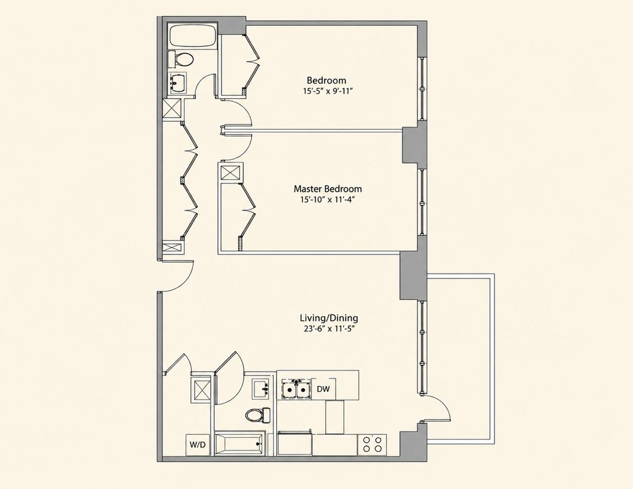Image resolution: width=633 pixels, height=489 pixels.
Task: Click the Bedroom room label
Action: click(326, 80)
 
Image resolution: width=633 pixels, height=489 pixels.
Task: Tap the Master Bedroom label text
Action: click(328, 188)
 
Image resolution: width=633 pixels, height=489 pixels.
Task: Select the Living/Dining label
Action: click(329, 318)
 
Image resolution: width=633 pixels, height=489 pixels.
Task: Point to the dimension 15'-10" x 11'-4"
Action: click(328, 199)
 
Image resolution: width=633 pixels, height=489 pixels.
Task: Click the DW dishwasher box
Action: click(324, 389)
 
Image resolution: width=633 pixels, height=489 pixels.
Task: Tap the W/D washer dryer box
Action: click(198, 445)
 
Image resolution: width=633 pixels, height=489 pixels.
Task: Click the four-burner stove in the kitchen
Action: click(372, 445)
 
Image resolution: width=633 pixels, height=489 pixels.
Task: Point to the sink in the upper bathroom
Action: click(177, 83)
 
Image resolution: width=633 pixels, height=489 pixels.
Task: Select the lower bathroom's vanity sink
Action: click(262, 389)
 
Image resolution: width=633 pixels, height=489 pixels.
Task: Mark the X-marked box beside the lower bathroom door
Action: click(201, 389)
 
